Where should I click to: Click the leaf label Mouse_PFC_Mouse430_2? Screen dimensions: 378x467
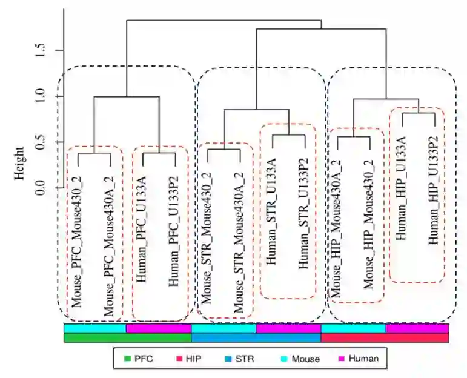[78, 233]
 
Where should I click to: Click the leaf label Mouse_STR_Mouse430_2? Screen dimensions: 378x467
[208, 233]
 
